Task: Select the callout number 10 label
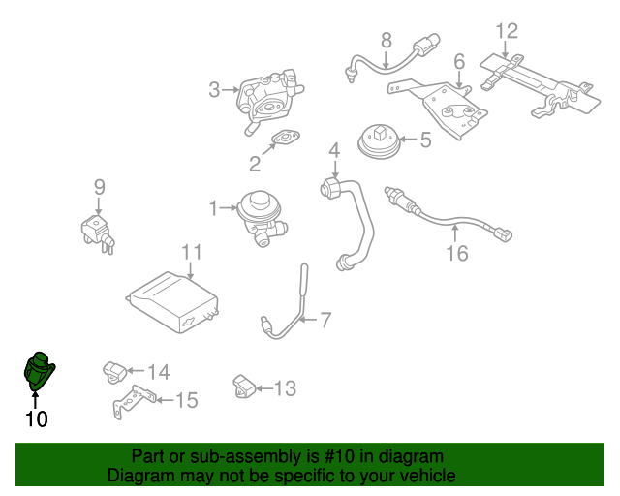pos(36,419)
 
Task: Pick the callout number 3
pos(214,91)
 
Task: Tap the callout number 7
pos(325,319)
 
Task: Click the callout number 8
pos(386,41)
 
